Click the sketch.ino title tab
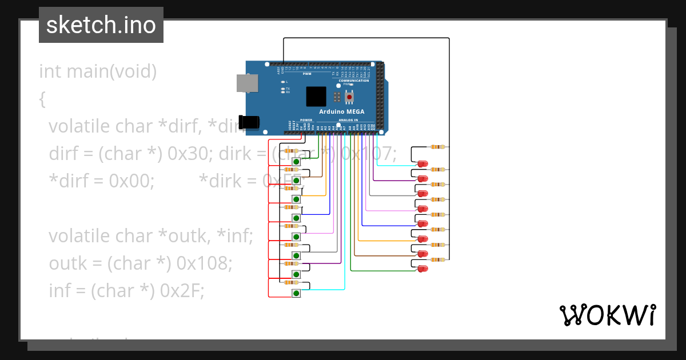pos(101,25)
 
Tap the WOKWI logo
pos(607,315)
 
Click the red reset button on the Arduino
pos(349,97)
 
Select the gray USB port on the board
pos(248,83)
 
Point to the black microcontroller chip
pos(316,96)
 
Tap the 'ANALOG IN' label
pos(348,120)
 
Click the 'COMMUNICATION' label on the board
pos(353,81)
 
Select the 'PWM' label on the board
pos(307,74)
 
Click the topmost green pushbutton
pos(296,162)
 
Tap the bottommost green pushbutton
pos(296,293)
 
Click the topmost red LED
pos(422,164)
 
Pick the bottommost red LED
pos(422,268)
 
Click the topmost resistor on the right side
pos(438,147)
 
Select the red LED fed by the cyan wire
pos(422,164)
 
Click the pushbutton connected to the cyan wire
pos(296,293)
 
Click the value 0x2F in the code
pos(182,290)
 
